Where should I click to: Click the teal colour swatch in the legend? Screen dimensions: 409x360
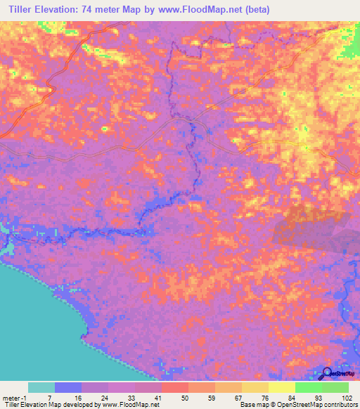pos(41,388)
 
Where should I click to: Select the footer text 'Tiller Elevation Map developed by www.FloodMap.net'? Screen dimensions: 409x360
pos(80,405)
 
